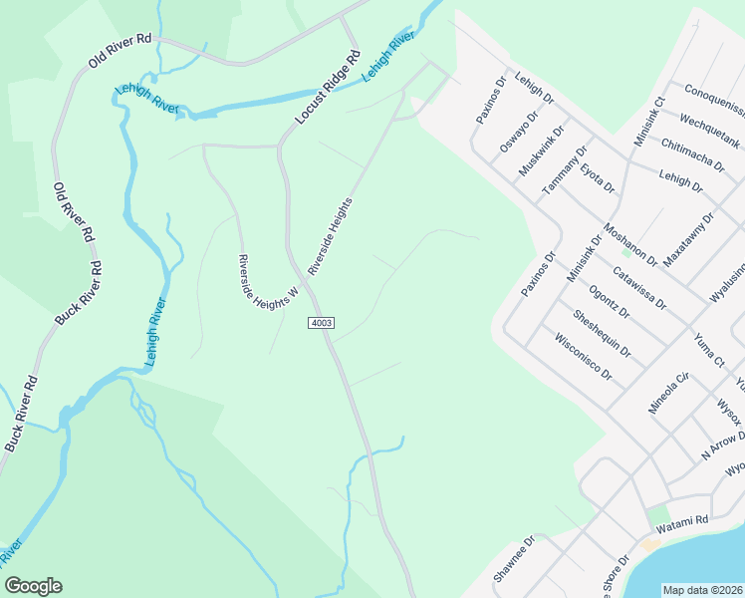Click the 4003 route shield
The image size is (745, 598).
tap(321, 323)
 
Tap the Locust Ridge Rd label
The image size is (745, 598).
tap(328, 89)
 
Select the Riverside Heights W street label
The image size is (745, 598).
tap(268, 280)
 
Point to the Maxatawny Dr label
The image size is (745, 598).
tap(689, 236)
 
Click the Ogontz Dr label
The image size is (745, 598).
tap(610, 301)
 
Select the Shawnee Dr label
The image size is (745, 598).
tap(515, 560)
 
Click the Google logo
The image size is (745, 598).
tap(33, 586)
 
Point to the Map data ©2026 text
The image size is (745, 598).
tap(702, 590)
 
